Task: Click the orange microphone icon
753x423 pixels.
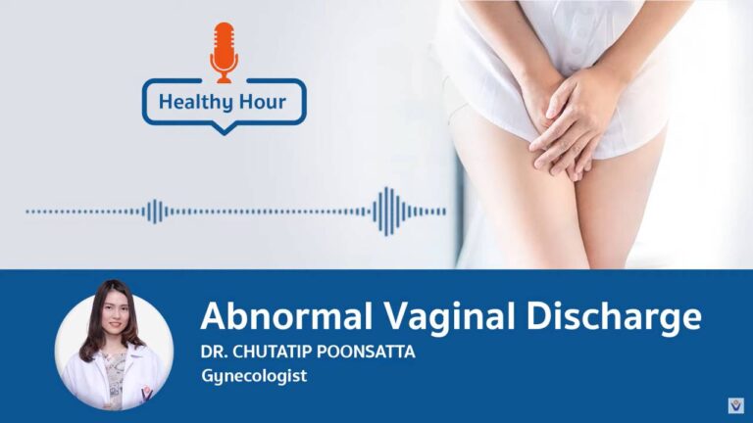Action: tap(224, 53)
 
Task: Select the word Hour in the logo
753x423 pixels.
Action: tap(263, 102)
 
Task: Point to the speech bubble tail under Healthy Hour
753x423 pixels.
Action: tap(224, 128)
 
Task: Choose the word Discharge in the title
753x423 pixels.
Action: tap(613, 316)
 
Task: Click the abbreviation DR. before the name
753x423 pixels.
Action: tap(214, 352)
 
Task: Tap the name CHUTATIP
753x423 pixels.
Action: tap(273, 352)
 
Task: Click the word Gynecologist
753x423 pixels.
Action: tap(254, 376)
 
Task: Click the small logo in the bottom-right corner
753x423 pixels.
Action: tap(735, 405)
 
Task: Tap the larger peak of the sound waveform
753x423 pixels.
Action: tap(387, 211)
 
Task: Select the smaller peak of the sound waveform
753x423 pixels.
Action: tap(155, 211)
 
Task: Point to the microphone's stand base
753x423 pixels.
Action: tap(224, 79)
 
